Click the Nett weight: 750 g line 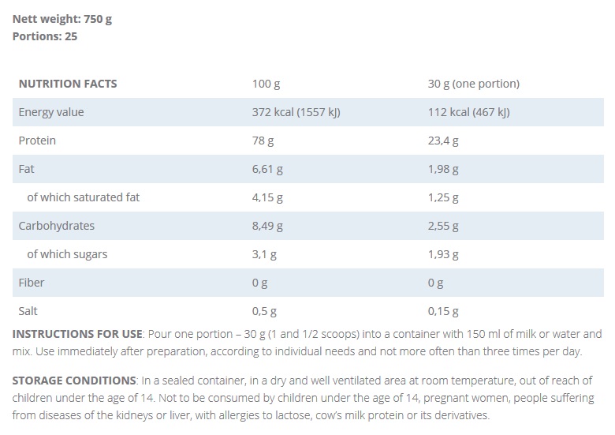pyautogui.click(x=62, y=19)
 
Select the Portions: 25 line pyautogui.click(x=45, y=36)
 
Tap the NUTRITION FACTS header pyautogui.click(x=68, y=84)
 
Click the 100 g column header pyautogui.click(x=266, y=84)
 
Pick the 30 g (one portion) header pyautogui.click(x=473, y=84)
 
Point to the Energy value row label pyautogui.click(x=51, y=112)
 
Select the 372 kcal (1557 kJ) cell pyautogui.click(x=296, y=112)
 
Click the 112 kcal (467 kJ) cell pyautogui.click(x=468, y=112)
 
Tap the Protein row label pyautogui.click(x=37, y=141)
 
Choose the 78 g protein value pyautogui.click(x=263, y=141)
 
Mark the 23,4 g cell pyautogui.click(x=443, y=141)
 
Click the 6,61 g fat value pyautogui.click(x=267, y=169)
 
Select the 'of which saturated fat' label pyautogui.click(x=83, y=197)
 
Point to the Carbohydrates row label pyautogui.click(x=57, y=226)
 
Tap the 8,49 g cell pyautogui.click(x=267, y=226)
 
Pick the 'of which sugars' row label pyautogui.click(x=67, y=254)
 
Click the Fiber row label pyautogui.click(x=32, y=283)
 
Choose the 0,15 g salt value pyautogui.click(x=443, y=311)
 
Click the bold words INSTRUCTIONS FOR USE pyautogui.click(x=77, y=334)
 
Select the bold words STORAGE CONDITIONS pyautogui.click(x=74, y=381)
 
